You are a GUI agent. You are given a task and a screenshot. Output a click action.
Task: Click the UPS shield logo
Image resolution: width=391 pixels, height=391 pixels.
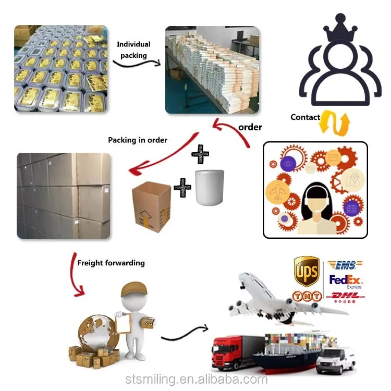307,271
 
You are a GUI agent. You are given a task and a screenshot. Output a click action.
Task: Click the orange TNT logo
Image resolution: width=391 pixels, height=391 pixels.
306,295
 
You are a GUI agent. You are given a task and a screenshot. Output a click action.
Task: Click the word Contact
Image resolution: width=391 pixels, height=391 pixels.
305,117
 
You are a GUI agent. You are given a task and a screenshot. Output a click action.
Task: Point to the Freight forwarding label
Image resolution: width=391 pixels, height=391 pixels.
111,263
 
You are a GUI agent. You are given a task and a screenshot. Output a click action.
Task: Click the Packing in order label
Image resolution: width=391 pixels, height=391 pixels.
138,140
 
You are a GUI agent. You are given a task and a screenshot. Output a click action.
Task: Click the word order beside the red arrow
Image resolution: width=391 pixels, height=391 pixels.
250,127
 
